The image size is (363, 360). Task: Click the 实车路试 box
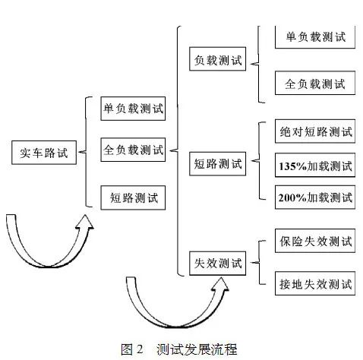click(x=44, y=153)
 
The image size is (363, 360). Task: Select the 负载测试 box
click(x=218, y=58)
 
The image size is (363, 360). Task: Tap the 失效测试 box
click(x=218, y=264)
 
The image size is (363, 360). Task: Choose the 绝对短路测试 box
click(x=315, y=131)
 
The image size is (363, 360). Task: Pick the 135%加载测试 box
click(x=315, y=165)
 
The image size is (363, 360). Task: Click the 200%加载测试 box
click(x=315, y=197)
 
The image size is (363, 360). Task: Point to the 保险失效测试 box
click(x=315, y=241)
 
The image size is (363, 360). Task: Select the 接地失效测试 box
click(x=315, y=283)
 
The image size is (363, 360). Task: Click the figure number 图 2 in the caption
click(x=132, y=349)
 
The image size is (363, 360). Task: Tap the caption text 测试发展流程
click(x=197, y=349)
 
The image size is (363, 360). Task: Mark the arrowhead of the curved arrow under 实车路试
click(x=84, y=222)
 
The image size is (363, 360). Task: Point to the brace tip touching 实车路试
click(x=79, y=152)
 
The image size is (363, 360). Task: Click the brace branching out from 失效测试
click(x=259, y=262)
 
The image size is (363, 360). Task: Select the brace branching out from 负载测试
click(x=258, y=63)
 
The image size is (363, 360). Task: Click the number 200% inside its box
click(x=292, y=197)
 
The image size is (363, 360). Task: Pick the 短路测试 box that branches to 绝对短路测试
click(x=218, y=164)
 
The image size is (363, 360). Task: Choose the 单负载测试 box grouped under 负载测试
click(x=315, y=36)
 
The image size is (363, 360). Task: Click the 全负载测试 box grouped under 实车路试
click(x=133, y=150)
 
